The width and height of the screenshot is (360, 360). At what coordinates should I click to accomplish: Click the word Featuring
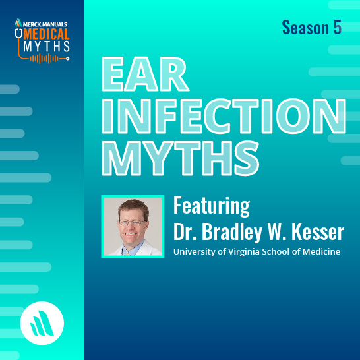[x=211, y=206]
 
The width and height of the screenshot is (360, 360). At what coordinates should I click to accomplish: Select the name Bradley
[x=224, y=232]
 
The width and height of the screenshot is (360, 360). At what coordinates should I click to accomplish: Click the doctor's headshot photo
[x=132, y=226]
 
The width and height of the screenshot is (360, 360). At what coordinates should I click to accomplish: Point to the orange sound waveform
[x=48, y=59]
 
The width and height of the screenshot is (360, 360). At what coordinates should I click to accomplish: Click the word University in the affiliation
[x=194, y=251]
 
